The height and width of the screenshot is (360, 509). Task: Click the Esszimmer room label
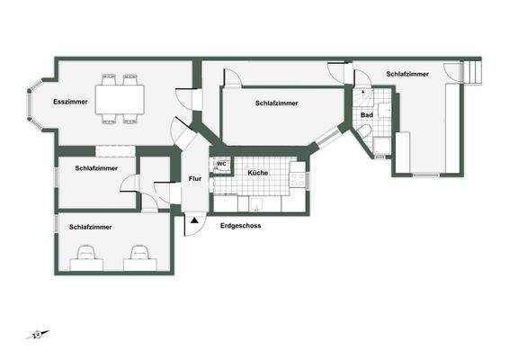[70, 102]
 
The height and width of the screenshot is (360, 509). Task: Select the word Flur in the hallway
[194, 178]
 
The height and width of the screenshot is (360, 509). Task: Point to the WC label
[220, 164]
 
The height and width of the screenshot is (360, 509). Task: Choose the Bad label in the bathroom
[367, 115]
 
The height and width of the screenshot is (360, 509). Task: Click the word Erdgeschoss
[240, 226]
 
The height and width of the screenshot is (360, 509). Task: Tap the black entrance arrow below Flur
[194, 219]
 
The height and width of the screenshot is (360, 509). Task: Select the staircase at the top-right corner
[469, 72]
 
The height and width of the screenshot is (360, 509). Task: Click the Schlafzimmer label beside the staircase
[407, 74]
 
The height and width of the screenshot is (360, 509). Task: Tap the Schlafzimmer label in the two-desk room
[91, 228]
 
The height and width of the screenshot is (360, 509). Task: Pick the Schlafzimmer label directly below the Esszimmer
[97, 168]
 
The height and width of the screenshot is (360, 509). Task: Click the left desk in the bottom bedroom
[87, 256]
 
